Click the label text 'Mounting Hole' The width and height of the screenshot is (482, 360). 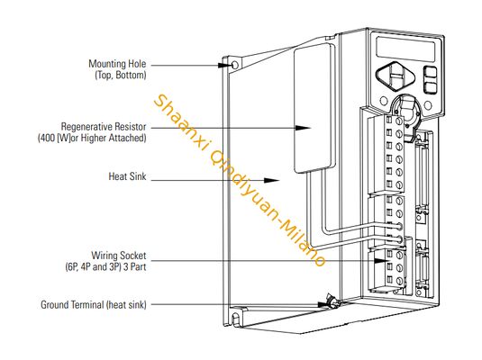tap(116, 65)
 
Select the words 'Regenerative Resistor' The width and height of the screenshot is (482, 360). tap(103, 126)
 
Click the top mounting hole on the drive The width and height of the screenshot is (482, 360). tap(235, 66)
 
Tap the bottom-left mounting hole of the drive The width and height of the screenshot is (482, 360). tap(236, 317)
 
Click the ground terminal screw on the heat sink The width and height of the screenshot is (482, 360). tap(330, 304)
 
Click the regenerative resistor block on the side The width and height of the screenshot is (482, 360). tap(311, 108)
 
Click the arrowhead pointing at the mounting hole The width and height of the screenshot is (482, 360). tap(225, 65)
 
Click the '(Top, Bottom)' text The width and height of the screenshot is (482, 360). tap(120, 76)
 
